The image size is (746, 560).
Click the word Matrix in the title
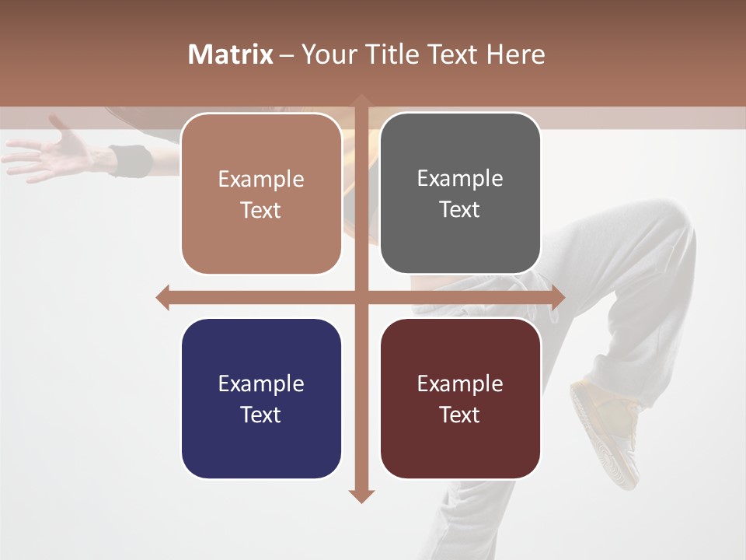point(230,54)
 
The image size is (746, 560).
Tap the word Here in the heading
point(516,54)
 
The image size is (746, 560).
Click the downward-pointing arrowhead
point(361,495)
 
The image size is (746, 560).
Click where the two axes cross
point(361,297)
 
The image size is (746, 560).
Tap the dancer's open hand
point(54,152)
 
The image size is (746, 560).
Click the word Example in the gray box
point(460,179)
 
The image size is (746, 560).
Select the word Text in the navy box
point(260,415)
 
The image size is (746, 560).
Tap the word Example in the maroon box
point(460,383)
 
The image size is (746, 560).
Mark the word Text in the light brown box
point(260,210)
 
